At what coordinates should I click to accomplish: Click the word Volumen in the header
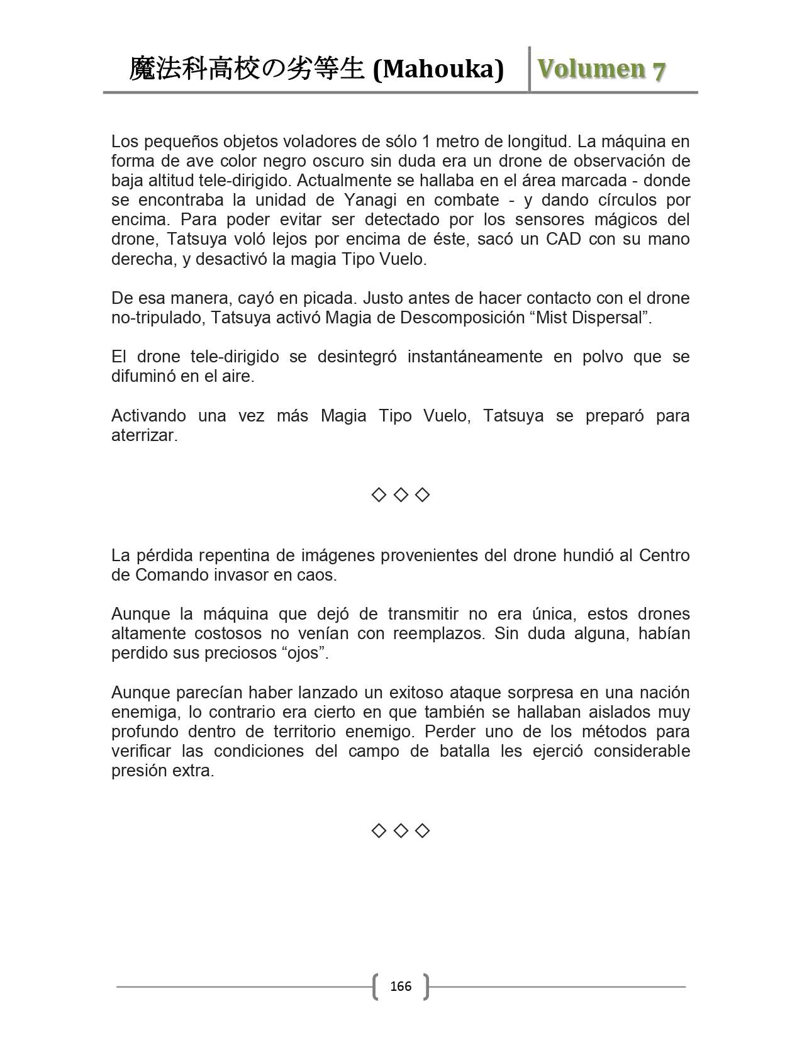591,69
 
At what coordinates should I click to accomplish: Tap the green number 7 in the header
658,70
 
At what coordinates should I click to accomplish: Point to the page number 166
401,986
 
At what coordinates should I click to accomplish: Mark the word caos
318,575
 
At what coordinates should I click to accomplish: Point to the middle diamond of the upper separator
401,495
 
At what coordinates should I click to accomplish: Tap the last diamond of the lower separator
423,831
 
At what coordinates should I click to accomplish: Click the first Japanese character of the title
142,69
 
